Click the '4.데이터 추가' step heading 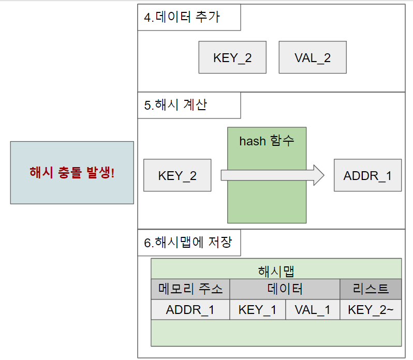coord(182,17)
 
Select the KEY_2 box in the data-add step coord(232,57)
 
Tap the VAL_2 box coord(312,57)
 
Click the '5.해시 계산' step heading coord(175,105)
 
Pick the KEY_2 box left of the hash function coord(177,175)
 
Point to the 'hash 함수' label coord(267,140)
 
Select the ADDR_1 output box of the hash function coord(367,175)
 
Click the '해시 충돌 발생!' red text coord(72,173)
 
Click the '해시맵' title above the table coord(276,271)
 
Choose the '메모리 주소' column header coord(190,289)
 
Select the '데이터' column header coord(285,289)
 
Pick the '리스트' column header coord(370,289)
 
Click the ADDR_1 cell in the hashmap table coord(190,310)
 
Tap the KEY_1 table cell coord(257,310)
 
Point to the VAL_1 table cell coord(312,310)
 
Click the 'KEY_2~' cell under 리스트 coord(370,310)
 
